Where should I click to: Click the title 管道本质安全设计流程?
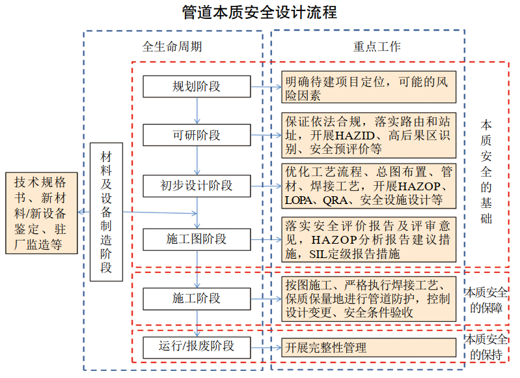click(x=260, y=12)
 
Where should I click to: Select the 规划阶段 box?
click(x=197, y=87)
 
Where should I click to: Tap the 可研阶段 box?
click(x=197, y=136)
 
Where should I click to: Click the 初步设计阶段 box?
click(x=197, y=186)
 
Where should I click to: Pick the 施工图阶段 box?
click(x=197, y=239)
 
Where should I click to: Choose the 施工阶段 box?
click(x=197, y=298)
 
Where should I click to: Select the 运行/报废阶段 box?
click(x=197, y=345)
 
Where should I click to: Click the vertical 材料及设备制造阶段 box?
click(x=106, y=212)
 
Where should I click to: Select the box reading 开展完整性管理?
click(x=368, y=347)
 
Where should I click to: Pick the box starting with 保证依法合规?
click(x=368, y=136)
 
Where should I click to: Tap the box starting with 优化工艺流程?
click(x=368, y=186)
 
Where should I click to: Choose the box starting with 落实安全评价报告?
click(x=368, y=240)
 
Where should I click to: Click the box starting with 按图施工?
click(x=368, y=298)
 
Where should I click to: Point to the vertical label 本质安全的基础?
click(x=486, y=171)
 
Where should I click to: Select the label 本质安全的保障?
click(x=486, y=299)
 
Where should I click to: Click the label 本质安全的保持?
click(x=486, y=347)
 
